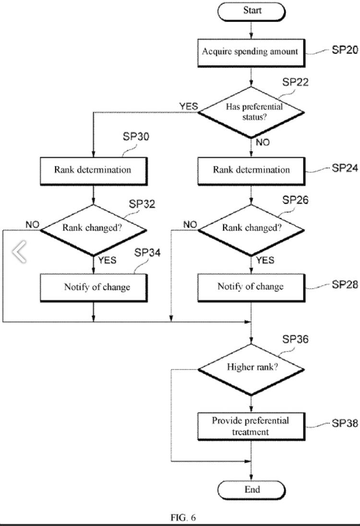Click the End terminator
pos(252,489)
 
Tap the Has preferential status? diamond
pos(252,112)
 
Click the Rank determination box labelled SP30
pos(93,170)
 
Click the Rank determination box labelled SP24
pos(252,170)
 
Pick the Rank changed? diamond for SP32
pos(93,228)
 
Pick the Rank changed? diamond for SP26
pos(252,228)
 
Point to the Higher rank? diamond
pos(252,368)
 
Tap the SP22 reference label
pos(295,82)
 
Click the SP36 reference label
pos(295,340)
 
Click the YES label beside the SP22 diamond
pos(188,106)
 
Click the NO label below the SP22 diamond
pos(263,142)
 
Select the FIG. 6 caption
pos(183,517)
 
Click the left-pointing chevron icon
pos(19,252)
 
